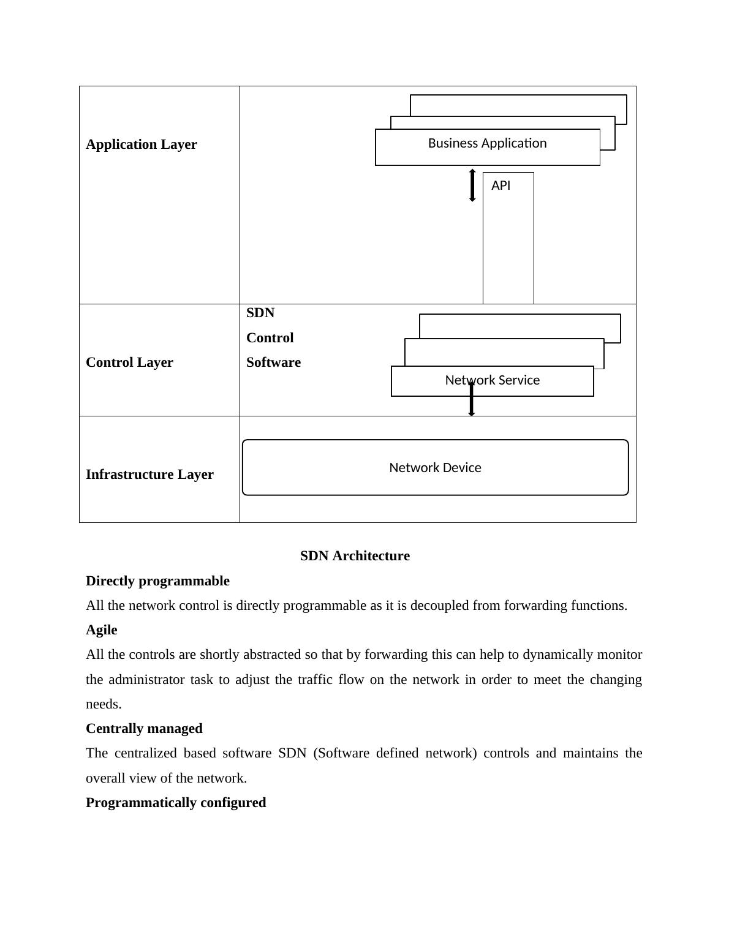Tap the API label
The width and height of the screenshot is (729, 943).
tap(500, 186)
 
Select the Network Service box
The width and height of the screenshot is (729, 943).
tap(492, 380)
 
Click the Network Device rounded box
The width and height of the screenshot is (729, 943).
tap(435, 468)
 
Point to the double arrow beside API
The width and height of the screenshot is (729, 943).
tap(472, 186)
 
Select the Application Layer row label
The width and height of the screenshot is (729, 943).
tap(142, 145)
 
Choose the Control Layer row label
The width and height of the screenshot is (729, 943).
tap(129, 363)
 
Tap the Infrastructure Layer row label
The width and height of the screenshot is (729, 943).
tap(149, 475)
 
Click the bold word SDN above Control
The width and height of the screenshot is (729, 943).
tap(260, 313)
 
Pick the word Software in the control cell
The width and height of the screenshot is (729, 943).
tap(273, 363)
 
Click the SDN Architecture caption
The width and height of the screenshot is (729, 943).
tap(355, 556)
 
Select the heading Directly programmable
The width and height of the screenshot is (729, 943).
tap(157, 581)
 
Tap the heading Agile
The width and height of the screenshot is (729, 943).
tap(102, 630)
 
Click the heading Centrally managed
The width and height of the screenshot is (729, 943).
tap(144, 729)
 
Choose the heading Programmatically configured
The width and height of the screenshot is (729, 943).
tap(176, 803)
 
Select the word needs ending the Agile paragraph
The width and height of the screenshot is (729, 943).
tap(104, 704)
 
